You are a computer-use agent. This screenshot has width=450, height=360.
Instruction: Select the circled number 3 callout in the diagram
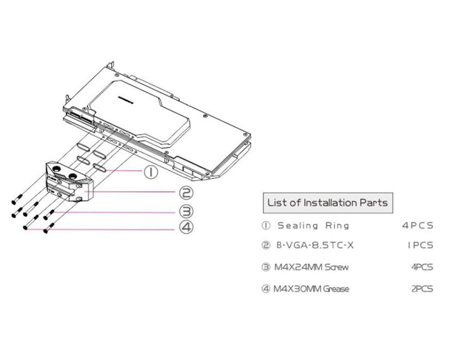(185, 211)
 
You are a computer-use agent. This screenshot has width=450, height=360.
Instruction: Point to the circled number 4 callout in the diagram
(185, 227)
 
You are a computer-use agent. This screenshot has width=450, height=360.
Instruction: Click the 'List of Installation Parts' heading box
(327, 202)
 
